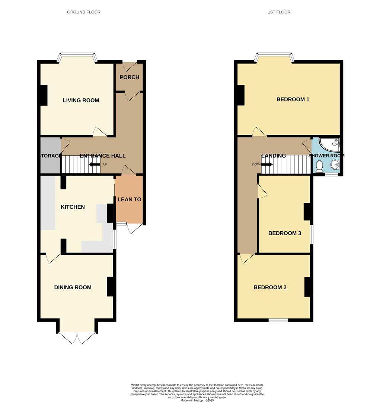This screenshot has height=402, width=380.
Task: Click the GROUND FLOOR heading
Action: click(83, 12)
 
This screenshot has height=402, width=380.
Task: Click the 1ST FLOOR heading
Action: click(279, 12)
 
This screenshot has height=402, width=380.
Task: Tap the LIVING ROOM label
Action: click(81, 100)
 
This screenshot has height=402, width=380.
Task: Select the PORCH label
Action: click(129, 77)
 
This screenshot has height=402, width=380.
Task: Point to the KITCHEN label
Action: click(73, 207)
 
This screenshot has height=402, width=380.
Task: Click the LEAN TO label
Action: click(129, 200)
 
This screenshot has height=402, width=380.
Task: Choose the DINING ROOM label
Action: click(73, 287)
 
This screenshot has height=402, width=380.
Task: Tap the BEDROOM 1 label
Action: click(293, 99)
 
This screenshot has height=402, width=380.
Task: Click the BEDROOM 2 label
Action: click(270, 287)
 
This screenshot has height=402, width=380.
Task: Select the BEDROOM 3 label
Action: click(284, 233)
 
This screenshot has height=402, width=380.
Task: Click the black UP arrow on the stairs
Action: click(94, 165)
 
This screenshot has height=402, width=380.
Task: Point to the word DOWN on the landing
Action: click(256, 165)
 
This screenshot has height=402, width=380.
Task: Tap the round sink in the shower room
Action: click(335, 164)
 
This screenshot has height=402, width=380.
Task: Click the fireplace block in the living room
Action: click(44, 95)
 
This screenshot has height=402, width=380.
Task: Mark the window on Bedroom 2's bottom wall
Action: click(278, 320)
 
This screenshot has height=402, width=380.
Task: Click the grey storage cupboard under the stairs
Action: click(50, 156)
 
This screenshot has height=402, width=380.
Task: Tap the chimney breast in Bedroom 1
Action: click(240, 95)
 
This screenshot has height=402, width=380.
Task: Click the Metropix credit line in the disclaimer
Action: click(197, 400)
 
